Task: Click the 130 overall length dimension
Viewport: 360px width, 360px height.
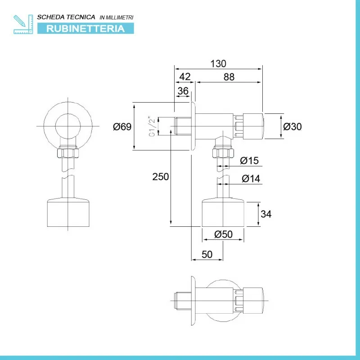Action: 218,63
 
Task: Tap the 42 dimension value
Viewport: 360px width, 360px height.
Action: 185,76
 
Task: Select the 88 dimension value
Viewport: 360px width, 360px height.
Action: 229,77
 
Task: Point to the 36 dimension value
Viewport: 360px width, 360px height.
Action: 183,91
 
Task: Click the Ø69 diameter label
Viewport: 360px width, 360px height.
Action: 122,126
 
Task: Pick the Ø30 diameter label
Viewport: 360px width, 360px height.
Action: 292,126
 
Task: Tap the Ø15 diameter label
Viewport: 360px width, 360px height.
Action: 249,161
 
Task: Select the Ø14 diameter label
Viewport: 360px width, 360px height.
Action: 251,178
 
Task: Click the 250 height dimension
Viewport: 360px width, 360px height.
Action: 161,176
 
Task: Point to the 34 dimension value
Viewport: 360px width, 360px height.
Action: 266,214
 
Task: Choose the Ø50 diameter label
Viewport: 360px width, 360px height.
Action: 223,234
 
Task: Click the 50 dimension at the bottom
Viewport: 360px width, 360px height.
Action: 207,254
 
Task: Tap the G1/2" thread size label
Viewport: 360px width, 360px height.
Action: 153,126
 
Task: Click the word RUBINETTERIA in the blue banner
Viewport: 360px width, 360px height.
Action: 85,29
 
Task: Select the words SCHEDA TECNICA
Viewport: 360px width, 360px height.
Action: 66,17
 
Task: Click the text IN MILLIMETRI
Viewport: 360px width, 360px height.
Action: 117,18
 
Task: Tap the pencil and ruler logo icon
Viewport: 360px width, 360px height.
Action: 23,24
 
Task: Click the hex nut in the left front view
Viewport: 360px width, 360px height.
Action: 68,153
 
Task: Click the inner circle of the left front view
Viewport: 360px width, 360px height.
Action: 68,114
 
